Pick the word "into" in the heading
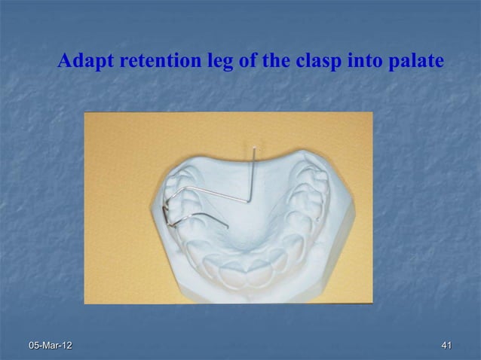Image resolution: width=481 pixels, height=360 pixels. [x=361, y=60]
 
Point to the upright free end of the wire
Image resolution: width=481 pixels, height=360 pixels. [x=256, y=150]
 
